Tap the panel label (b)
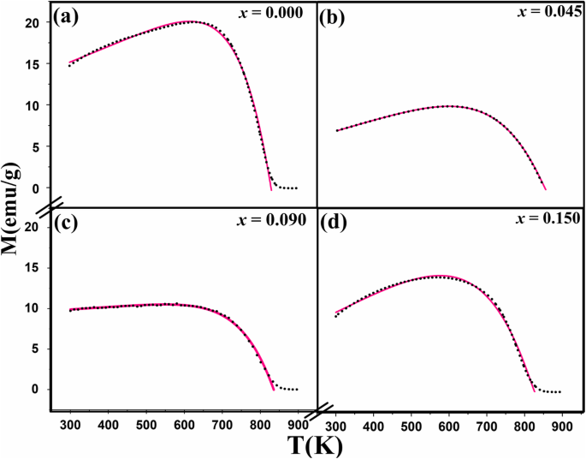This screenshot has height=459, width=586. (332, 16)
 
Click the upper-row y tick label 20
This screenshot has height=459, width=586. (32, 23)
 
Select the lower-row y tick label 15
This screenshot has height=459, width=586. (32, 267)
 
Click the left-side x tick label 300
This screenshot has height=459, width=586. (70, 423)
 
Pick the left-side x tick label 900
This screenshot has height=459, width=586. (298, 423)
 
